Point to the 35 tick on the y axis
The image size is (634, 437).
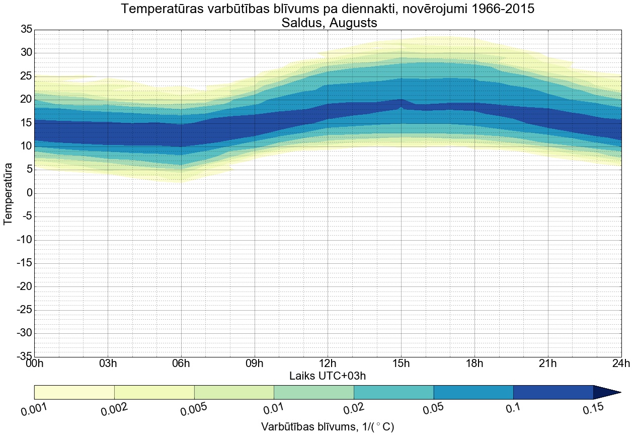tap(26, 30)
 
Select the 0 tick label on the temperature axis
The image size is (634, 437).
tap(30, 193)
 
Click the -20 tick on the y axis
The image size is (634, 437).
tap(24, 287)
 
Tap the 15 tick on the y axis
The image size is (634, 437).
tap(26, 123)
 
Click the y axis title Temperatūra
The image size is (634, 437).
tap(9, 193)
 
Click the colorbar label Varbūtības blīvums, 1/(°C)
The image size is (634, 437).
tap(328, 427)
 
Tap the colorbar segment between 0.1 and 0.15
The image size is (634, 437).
tap(553, 392)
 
